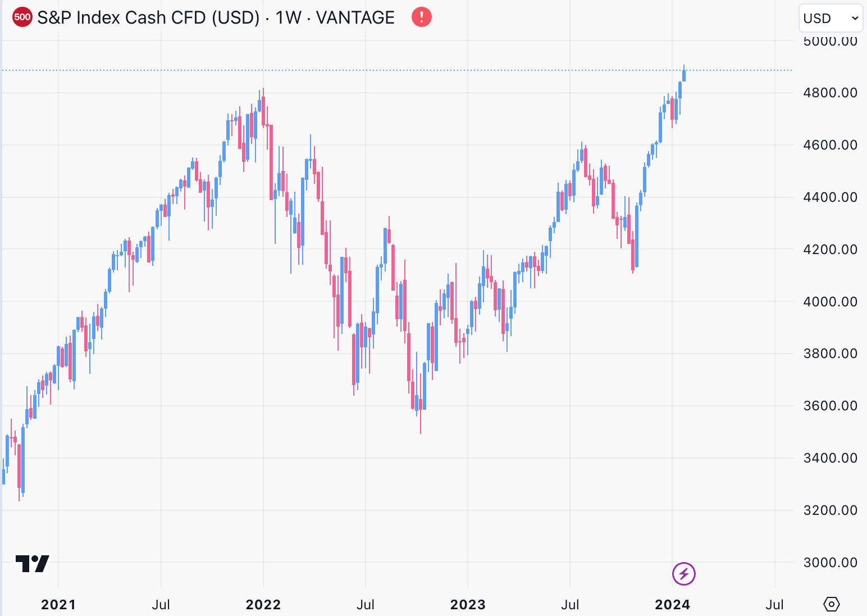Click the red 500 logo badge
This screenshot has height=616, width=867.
point(22,17)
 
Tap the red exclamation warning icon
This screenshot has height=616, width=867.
point(422,17)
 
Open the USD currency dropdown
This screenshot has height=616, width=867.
point(830,19)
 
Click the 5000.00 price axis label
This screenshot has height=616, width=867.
point(830,41)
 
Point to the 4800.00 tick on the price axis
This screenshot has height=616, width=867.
point(830,93)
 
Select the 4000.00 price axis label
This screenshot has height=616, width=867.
point(830,301)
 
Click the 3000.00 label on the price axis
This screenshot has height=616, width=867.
point(830,562)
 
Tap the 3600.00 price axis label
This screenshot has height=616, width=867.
point(830,406)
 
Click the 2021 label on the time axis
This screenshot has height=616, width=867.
point(58,605)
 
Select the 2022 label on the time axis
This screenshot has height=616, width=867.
point(263,605)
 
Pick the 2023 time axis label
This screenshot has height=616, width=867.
point(468,605)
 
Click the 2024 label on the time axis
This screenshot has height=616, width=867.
point(672,605)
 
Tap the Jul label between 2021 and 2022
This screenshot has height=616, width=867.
point(161,605)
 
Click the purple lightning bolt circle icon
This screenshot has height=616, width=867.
point(684,574)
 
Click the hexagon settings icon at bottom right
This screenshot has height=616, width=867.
point(831,604)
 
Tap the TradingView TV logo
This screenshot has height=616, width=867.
point(33,563)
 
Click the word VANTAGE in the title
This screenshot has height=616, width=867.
point(355,17)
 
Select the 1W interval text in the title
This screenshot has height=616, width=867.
point(289,17)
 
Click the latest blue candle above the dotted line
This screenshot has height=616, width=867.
point(684,75)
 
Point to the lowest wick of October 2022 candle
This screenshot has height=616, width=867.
point(421,432)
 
